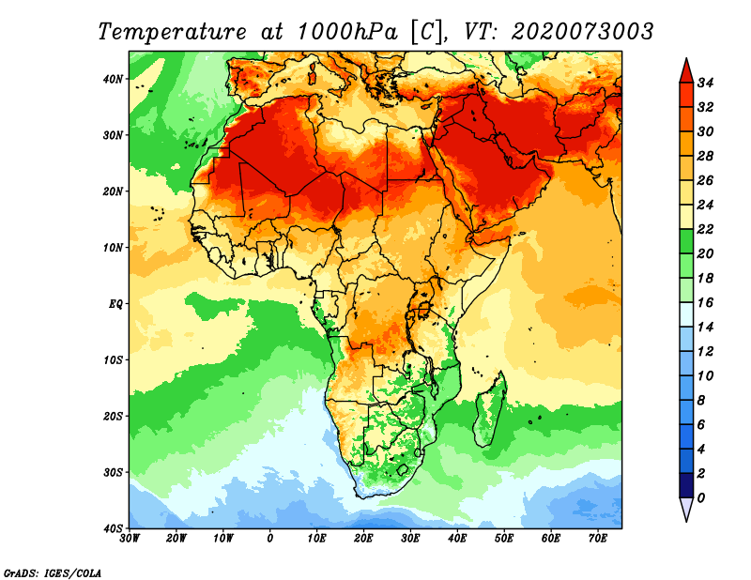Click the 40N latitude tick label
click(x=113, y=79)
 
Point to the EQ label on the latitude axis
click(x=115, y=304)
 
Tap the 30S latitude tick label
click(x=113, y=473)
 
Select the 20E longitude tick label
click(x=363, y=539)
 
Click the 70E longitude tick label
click(x=598, y=539)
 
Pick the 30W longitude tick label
click(x=130, y=539)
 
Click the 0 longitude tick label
click(x=270, y=539)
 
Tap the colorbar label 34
click(x=705, y=83)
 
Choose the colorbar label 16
click(x=705, y=303)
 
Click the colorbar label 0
click(x=701, y=498)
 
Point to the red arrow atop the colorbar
click(x=686, y=71)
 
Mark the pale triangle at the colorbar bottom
click(x=686, y=510)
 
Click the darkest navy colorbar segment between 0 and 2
click(x=686, y=485)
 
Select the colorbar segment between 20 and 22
click(x=686, y=241)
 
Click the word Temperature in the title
click(x=173, y=32)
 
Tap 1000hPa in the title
click(x=347, y=32)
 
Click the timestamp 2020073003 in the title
click(x=582, y=32)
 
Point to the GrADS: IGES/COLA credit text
click(x=53, y=573)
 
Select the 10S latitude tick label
click(x=113, y=360)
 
